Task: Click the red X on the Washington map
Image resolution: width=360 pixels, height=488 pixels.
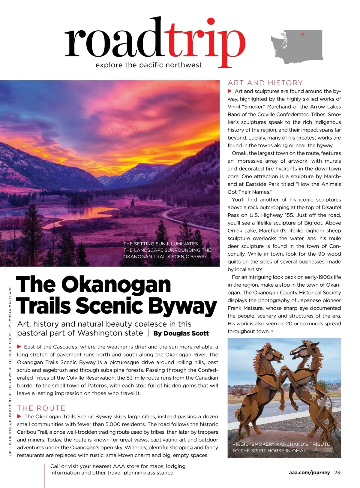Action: (x=302, y=34)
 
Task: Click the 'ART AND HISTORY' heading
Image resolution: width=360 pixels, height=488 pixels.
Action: (x=265, y=83)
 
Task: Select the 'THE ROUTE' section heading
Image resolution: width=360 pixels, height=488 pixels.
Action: (x=41, y=408)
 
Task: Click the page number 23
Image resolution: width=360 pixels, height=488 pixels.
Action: (x=337, y=472)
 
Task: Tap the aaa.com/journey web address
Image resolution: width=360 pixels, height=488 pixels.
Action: (x=309, y=472)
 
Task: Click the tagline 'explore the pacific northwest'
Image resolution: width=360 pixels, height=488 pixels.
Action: (x=149, y=65)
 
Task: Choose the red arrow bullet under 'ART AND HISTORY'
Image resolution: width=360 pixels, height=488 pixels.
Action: (x=230, y=91)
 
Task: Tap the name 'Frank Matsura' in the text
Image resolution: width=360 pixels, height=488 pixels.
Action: (x=244, y=308)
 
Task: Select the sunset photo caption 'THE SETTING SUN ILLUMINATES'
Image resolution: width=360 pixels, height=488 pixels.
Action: (x=160, y=244)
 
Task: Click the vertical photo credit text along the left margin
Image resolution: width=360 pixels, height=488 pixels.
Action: (x=10, y=372)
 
